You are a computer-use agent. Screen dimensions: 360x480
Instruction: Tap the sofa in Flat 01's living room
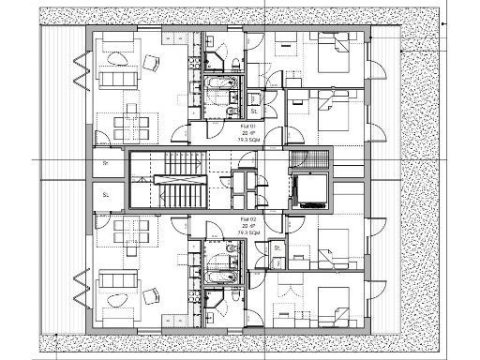118,77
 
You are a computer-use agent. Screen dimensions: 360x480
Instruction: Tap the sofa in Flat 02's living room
118,279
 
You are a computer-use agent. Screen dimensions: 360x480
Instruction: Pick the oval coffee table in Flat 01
117,58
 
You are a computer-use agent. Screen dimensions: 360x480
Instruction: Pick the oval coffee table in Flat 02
117,299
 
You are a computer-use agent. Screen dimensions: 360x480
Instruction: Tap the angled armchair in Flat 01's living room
150,63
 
